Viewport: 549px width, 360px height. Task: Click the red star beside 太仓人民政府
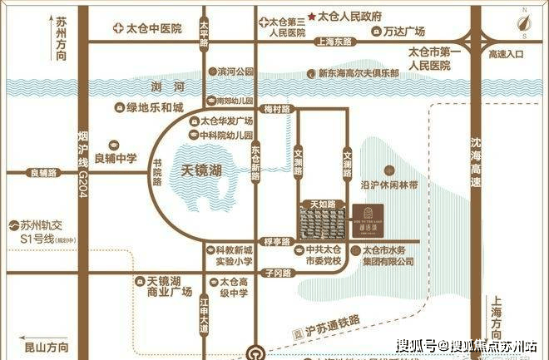312,17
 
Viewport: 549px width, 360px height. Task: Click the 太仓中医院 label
153,28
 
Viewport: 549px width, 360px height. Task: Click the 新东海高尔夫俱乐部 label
358,73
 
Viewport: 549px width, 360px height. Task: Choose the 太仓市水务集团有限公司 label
384,255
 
